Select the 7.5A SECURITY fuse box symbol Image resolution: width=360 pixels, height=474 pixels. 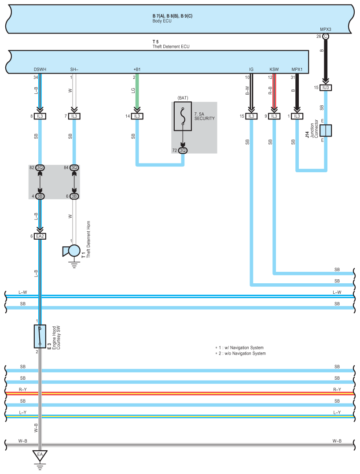tap(183, 116)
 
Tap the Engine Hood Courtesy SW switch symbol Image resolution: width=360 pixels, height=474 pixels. tap(40, 336)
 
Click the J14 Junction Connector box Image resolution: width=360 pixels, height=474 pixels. tap(326, 130)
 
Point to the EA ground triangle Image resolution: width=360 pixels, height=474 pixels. tap(40, 455)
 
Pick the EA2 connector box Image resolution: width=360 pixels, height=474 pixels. tap(40, 236)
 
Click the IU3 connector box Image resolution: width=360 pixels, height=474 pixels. tap(326, 87)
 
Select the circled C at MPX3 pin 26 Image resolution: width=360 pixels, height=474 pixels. tap(326, 36)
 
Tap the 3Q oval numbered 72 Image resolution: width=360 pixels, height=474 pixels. tap(183, 150)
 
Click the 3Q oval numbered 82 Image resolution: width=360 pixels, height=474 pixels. tap(40, 167)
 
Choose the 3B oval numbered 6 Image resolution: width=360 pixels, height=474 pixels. tap(74, 196)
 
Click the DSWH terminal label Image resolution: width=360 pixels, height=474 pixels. tap(40, 70)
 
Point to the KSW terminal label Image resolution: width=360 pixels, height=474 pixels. tap(274, 70)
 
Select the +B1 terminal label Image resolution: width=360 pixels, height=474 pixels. tap(137, 70)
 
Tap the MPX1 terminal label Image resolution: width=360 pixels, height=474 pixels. tap(297, 70)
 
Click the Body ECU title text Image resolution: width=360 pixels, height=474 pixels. tap(162, 21)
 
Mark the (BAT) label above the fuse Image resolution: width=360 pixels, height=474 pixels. tap(183, 98)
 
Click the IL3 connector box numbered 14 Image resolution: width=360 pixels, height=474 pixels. tap(137, 116)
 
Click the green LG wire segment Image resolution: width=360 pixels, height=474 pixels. tap(137, 91)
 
